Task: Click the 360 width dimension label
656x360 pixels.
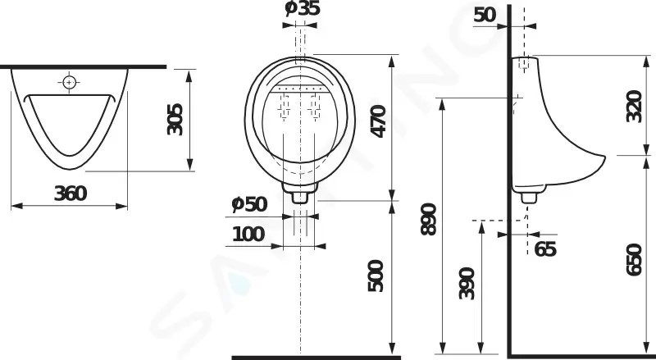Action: (x=71, y=194)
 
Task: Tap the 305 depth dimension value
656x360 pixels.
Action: (x=175, y=119)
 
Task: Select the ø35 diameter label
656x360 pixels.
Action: (x=303, y=8)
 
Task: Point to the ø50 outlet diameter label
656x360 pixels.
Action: (x=249, y=204)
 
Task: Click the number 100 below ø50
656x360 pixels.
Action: (x=248, y=234)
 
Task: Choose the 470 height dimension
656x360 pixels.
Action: (x=379, y=121)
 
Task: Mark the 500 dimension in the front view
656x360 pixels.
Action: (x=376, y=276)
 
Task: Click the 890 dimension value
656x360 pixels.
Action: (x=428, y=219)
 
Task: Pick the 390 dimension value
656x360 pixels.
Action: (x=467, y=284)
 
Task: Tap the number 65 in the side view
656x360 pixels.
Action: (x=545, y=249)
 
